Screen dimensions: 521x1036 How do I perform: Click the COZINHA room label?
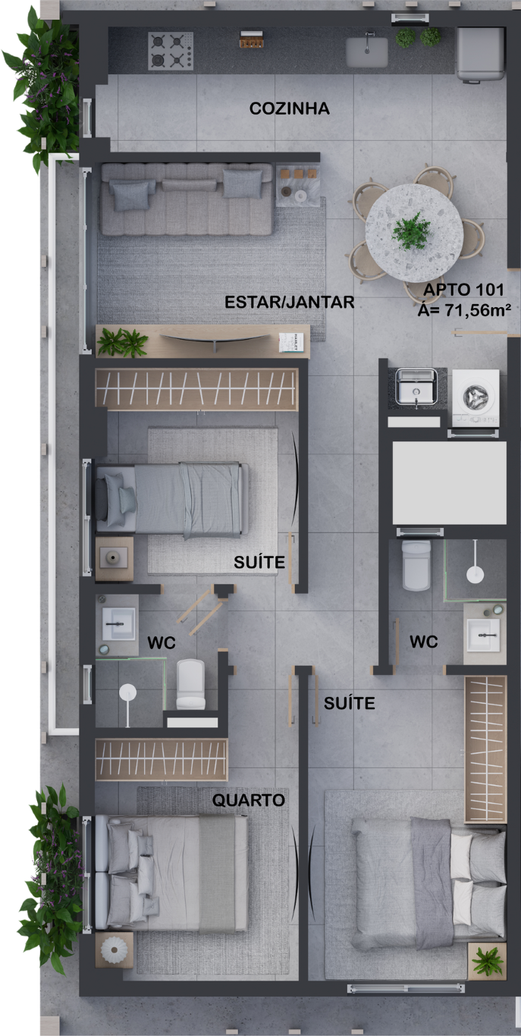pyautogui.click(x=290, y=108)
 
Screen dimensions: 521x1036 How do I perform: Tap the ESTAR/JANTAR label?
pyautogui.click(x=290, y=302)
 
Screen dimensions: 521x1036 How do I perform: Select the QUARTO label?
pyautogui.click(x=248, y=799)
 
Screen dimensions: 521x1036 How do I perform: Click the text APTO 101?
pyautogui.click(x=463, y=290)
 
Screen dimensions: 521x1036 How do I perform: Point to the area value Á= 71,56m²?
pyautogui.click(x=464, y=309)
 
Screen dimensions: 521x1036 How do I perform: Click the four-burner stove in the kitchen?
pyautogui.click(x=171, y=51)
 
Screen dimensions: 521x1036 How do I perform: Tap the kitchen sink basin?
pyautogui.click(x=367, y=52)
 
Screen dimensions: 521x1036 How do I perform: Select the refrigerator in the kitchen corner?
pyautogui.click(x=480, y=55)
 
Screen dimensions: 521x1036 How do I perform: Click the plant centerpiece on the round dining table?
pyautogui.click(x=411, y=231)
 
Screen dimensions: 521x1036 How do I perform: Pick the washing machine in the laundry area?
pyautogui.click(x=475, y=397)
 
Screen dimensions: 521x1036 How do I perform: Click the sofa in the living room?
pyautogui.click(x=187, y=199)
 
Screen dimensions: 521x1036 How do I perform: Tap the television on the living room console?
pyautogui.click(x=215, y=339)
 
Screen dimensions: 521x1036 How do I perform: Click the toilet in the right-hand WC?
pyautogui.click(x=416, y=566)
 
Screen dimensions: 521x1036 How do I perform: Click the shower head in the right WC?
pyautogui.click(x=475, y=574)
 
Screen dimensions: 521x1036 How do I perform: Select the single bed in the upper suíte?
pyautogui.click(x=172, y=501)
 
